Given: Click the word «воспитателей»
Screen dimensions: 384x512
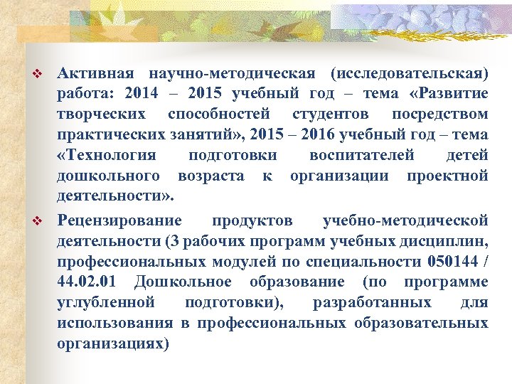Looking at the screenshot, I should point(361,154).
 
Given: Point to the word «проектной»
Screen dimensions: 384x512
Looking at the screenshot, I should point(447,174).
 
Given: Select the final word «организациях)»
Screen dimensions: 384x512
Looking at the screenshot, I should point(113,342).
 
